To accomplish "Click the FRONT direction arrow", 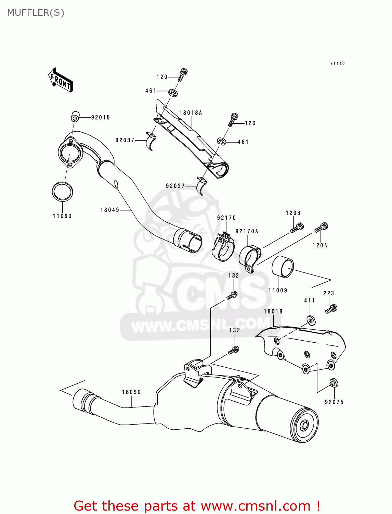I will [x=61, y=80].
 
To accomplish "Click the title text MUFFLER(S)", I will [x=36, y=13].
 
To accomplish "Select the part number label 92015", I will [x=100, y=118].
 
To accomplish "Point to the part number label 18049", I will [x=110, y=210].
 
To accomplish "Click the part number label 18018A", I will [x=191, y=113].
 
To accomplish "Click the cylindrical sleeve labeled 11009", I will [x=283, y=267].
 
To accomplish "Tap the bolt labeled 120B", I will [x=298, y=228].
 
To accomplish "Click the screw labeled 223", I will [x=331, y=308].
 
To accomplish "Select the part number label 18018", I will [x=273, y=311].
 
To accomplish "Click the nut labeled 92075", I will [x=333, y=383].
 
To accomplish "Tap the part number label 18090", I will [x=131, y=392].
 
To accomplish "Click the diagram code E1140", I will [x=337, y=63].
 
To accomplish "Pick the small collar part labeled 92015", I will [x=75, y=117].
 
